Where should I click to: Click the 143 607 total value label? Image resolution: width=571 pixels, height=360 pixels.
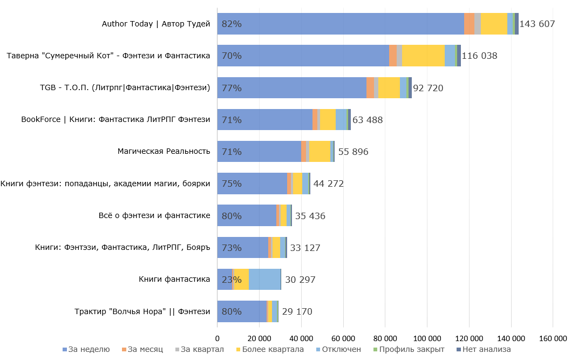pyautogui.click(x=537, y=24)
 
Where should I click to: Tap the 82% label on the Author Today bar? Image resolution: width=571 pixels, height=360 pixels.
pyautogui.click(x=232, y=24)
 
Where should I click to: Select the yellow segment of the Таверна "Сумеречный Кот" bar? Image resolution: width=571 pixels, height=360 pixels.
pyautogui.click(x=423, y=56)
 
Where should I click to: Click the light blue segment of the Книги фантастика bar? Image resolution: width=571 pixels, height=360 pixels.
pyautogui.click(x=264, y=280)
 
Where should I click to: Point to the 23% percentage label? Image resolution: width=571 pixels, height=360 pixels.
pyautogui.click(x=232, y=280)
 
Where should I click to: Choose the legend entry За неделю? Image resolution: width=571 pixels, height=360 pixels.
pyautogui.click(x=86, y=349)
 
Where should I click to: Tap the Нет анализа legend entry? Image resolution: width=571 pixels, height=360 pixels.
pyautogui.click(x=484, y=349)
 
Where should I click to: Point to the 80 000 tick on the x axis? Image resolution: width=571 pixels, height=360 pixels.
pyautogui.click(x=385, y=338)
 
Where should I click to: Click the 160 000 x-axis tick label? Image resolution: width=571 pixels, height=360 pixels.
pyautogui.click(x=553, y=338)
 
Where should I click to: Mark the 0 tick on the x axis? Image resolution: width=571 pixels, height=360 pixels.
pyautogui.click(x=217, y=338)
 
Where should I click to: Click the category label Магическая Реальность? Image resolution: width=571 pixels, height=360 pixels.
pyautogui.click(x=164, y=152)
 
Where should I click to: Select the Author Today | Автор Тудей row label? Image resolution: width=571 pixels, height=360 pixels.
pyautogui.click(x=156, y=24)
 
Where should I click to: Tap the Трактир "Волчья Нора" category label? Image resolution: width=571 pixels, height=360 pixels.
pyautogui.click(x=142, y=311)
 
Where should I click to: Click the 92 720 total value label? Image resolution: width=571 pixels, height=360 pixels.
pyautogui.click(x=428, y=88)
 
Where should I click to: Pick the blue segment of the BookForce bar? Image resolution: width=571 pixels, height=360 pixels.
pyautogui.click(x=264, y=120)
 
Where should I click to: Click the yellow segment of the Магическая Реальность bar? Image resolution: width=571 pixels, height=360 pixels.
pyautogui.click(x=320, y=152)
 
